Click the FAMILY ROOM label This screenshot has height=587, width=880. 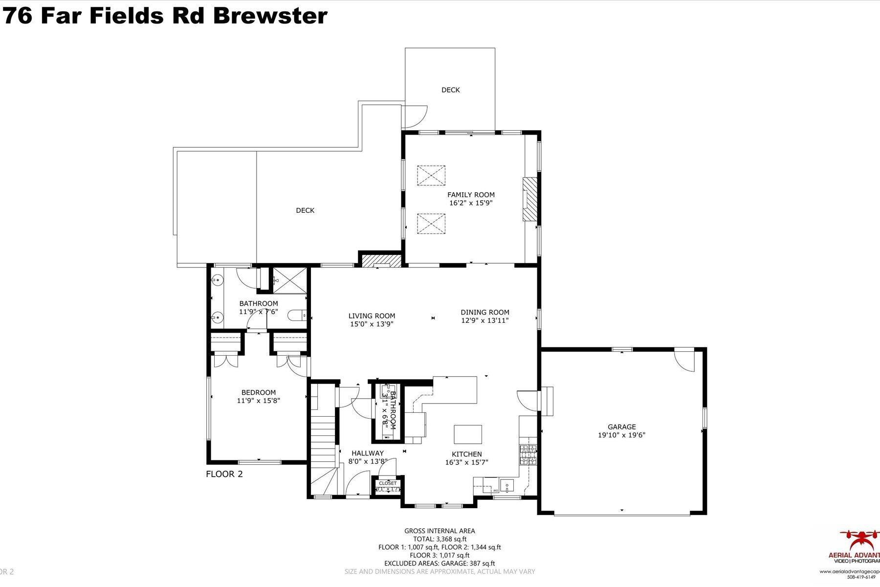(471, 195)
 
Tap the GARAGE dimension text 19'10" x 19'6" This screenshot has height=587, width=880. (621, 435)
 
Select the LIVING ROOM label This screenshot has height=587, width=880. (372, 316)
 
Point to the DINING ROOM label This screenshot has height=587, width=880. (484, 312)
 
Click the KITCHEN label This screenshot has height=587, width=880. (466, 454)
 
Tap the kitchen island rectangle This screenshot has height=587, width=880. (468, 434)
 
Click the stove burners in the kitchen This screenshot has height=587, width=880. (528, 455)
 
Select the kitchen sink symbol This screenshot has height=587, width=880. (508, 486)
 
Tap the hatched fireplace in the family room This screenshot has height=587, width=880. (529, 200)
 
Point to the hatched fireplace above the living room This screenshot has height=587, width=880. (380, 260)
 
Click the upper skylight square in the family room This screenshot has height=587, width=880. (431, 175)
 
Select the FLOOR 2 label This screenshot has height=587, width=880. (224, 474)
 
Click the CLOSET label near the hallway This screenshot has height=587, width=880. (388, 483)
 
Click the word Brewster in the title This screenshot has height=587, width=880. (270, 16)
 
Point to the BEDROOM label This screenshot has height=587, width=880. (258, 392)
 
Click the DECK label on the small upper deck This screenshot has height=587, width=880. (450, 90)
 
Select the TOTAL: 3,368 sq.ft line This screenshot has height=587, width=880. (440, 539)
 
